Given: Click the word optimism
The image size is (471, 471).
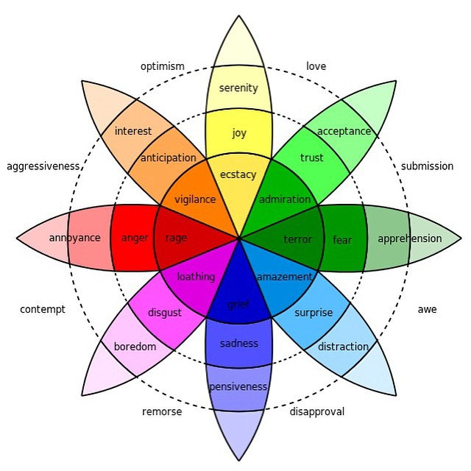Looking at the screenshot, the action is pos(163,67).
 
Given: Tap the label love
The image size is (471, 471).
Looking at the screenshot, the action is pos(316,66).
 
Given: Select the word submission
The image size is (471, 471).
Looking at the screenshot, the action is pos(427,166).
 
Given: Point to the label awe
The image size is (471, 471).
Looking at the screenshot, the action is pos(427,309).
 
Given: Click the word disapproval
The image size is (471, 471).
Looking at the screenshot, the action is pos(317,412).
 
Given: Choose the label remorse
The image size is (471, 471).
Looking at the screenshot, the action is pos(162,412).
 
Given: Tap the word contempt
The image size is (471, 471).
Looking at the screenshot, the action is pos(43,309).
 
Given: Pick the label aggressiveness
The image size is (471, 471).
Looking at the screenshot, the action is pos(43,166).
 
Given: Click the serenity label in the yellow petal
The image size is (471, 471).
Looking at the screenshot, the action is pos(238,88).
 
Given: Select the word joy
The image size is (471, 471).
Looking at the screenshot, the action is pos(239,132).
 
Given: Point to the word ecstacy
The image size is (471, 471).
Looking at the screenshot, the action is pos(238,175).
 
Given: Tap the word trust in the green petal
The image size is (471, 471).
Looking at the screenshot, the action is pos(312,157).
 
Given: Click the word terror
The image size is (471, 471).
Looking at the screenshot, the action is pos(297,239).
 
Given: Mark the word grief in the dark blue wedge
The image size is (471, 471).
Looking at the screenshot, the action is pos(238,305).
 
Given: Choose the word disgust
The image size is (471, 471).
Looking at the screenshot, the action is pos(165,313).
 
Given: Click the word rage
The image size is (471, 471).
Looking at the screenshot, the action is pos(177,238).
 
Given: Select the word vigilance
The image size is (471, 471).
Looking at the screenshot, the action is pos(195,199).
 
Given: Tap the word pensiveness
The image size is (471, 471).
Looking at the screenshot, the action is pos(238,386).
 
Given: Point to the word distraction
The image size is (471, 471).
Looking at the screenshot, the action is pos(343,347).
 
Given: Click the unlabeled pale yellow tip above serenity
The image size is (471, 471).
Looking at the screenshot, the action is pos(238,45).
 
